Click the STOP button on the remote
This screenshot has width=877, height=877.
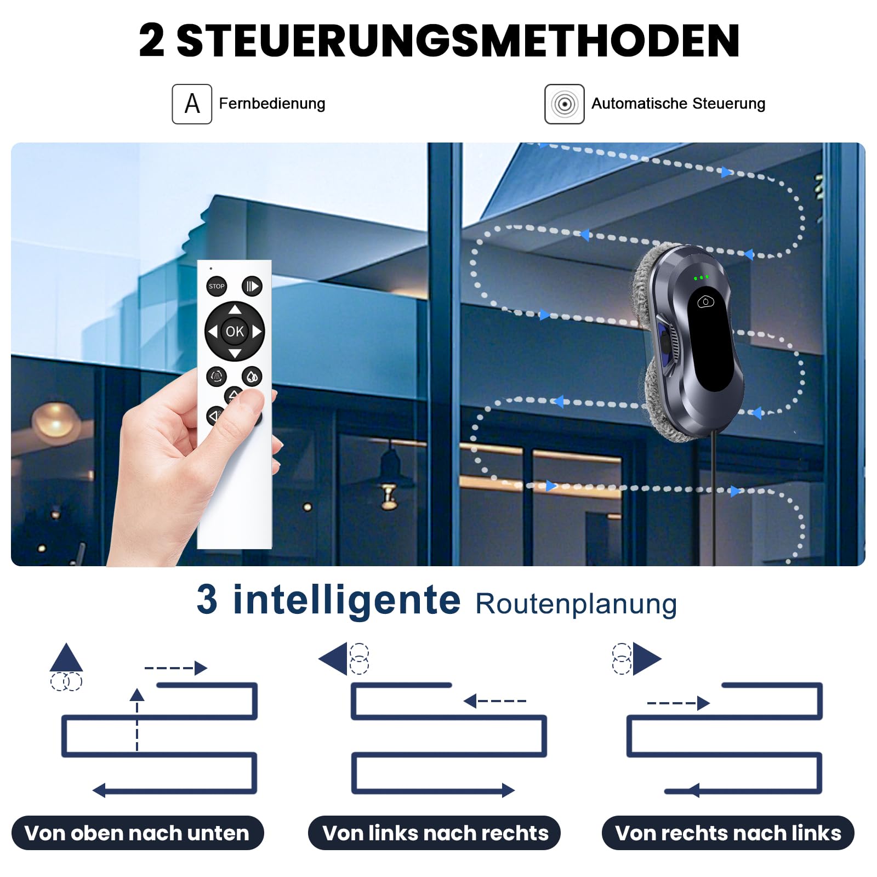(217, 286)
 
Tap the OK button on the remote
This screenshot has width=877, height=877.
(235, 331)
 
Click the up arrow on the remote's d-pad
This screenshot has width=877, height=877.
(235, 309)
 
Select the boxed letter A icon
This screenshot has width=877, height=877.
(192, 104)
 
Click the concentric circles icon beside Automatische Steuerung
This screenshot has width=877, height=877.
(565, 104)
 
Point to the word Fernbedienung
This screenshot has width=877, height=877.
(272, 104)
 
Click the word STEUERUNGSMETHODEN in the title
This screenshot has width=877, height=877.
(458, 41)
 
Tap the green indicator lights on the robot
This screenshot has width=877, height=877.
(701, 278)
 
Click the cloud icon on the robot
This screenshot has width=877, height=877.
(705, 301)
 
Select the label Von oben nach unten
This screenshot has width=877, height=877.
(137, 833)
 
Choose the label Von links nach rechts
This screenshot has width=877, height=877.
(435, 833)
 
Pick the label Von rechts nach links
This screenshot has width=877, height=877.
(728, 833)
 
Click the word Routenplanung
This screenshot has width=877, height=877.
(576, 604)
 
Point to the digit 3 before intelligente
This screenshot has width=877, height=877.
(207, 599)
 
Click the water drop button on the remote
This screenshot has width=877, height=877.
(252, 377)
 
